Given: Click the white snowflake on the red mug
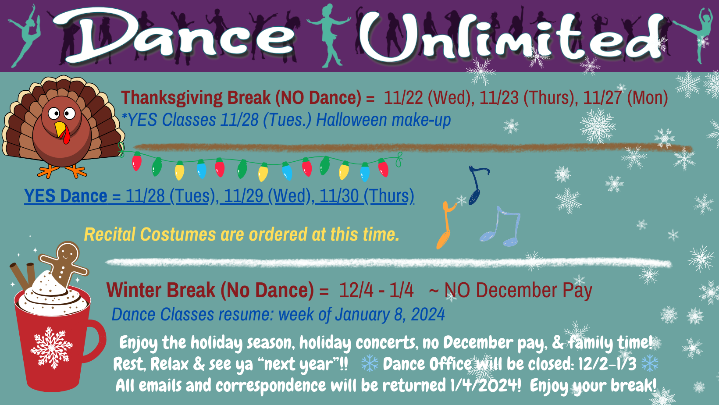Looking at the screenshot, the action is click(x=51, y=348).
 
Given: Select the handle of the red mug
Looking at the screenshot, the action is click(x=95, y=340).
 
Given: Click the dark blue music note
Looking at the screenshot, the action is click(x=477, y=185).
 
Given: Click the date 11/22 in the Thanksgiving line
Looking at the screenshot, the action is click(x=403, y=98).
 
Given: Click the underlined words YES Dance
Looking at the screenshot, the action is click(x=65, y=196).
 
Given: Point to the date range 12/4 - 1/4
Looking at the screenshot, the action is click(x=376, y=290).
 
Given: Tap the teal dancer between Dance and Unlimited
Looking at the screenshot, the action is click(x=329, y=36).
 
